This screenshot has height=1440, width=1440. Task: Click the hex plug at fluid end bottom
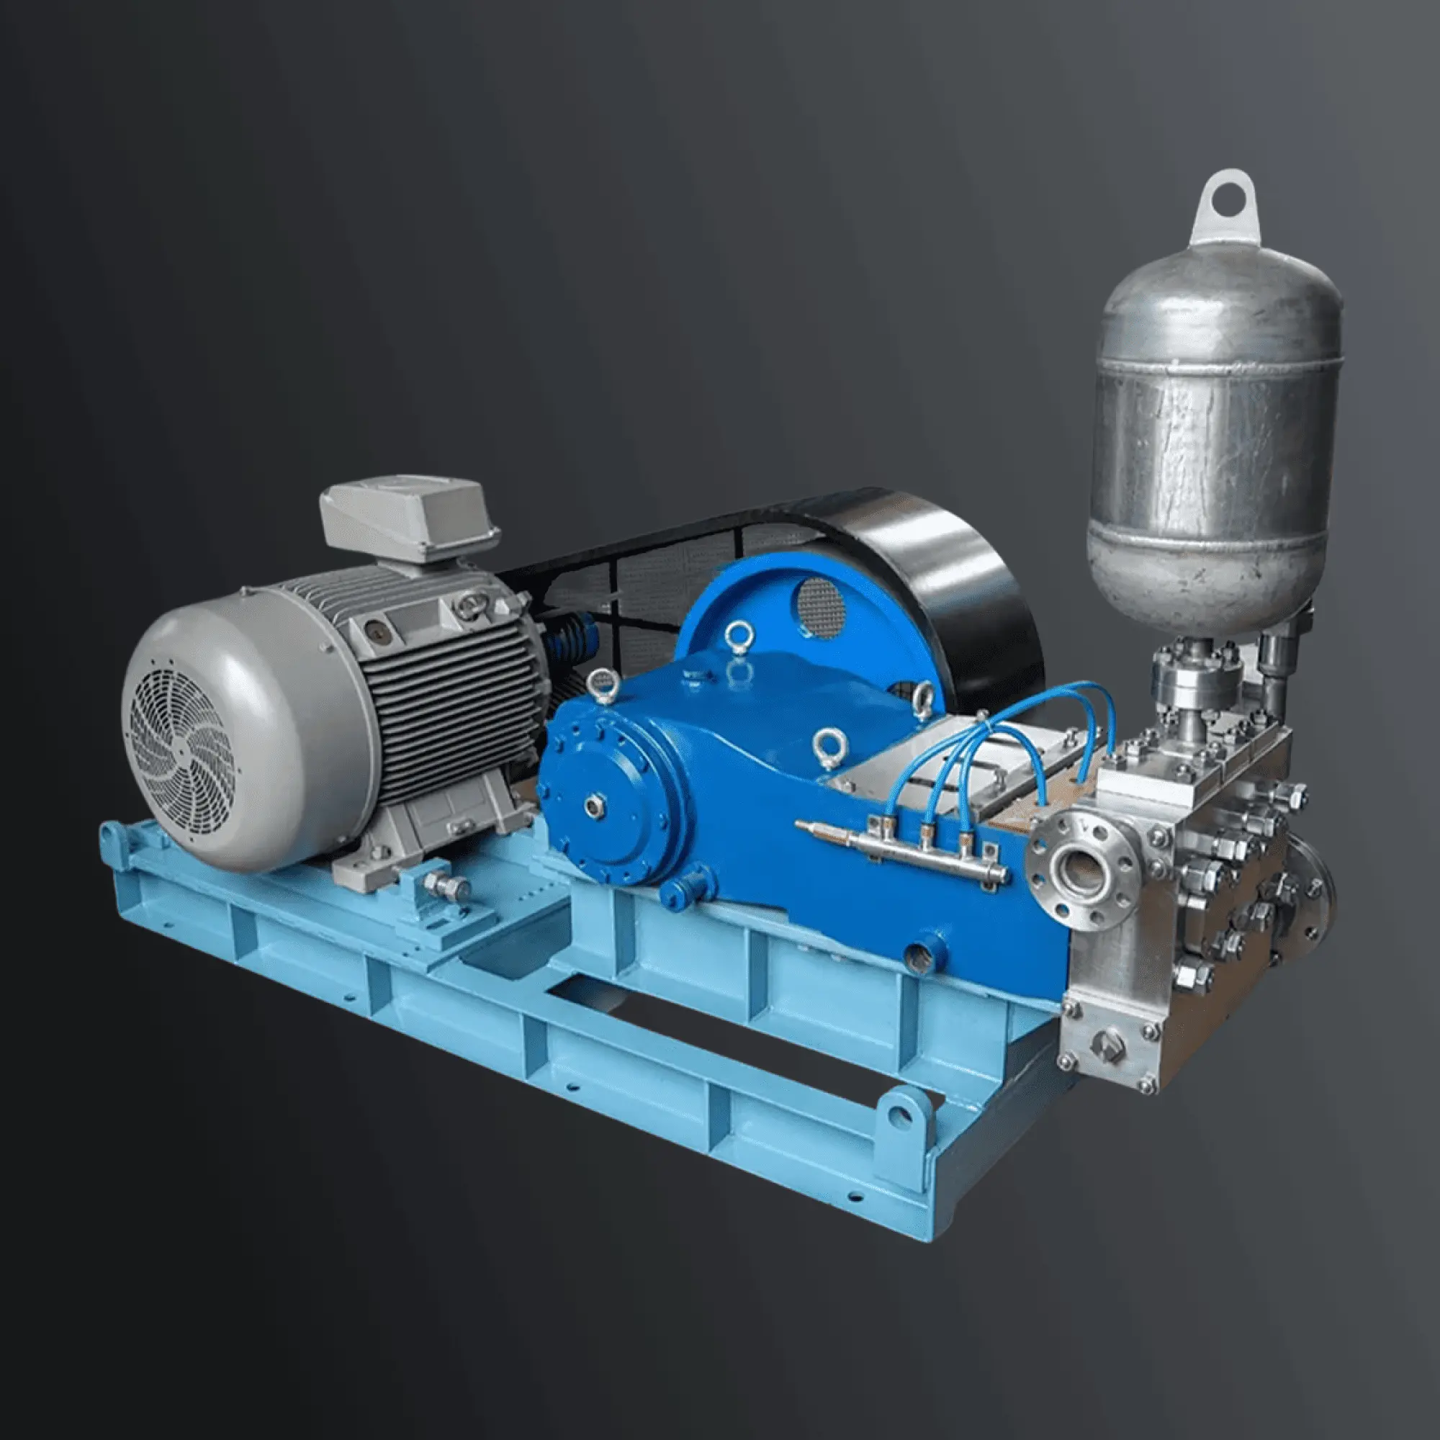click(1106, 1043)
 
